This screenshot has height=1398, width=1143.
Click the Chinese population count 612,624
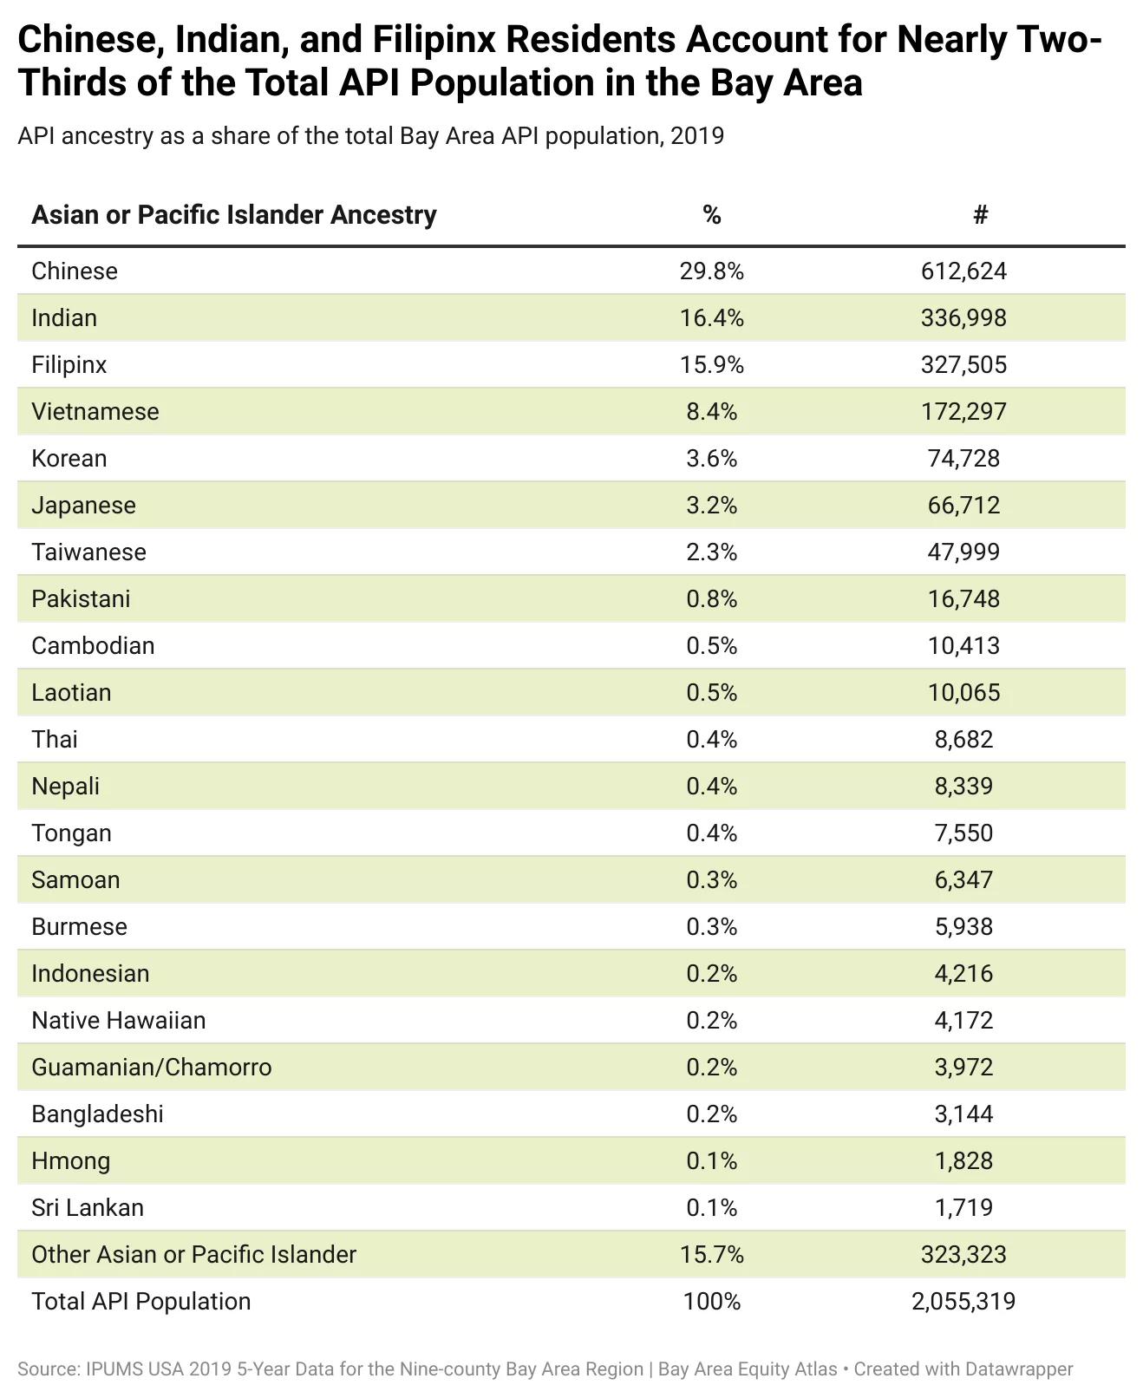[963, 271]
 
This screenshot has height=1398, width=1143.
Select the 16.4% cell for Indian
[711, 318]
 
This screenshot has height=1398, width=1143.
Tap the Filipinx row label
[69, 365]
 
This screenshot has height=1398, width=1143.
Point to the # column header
[980, 215]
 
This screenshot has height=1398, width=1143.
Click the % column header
[712, 215]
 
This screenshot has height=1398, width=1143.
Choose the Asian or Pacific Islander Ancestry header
[234, 215]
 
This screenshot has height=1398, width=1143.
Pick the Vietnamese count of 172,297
[963, 412]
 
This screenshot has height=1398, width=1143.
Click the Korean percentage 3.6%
[711, 459]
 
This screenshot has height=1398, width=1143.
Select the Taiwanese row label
[88, 552]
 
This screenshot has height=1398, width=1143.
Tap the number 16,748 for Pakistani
[963, 599]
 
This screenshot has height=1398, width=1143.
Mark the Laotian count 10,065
[963, 693]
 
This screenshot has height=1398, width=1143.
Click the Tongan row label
[72, 833]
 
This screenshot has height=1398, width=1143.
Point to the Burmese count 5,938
[963, 927]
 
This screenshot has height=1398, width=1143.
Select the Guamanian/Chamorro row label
[152, 1068]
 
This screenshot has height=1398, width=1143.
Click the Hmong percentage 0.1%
[711, 1161]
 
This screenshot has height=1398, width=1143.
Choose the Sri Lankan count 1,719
[963, 1208]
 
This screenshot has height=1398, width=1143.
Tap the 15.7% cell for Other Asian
[711, 1255]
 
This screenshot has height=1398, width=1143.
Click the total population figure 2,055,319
[963, 1302]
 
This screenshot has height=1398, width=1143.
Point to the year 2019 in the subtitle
[697, 136]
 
